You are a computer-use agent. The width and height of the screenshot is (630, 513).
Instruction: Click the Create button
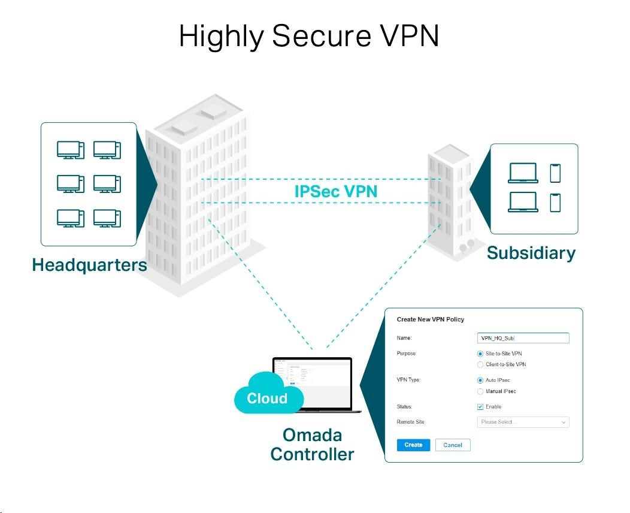pos(413,445)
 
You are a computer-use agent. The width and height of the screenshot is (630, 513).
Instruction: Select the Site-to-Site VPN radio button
pos(480,354)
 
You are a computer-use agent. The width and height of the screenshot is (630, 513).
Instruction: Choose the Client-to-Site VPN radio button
pos(480,364)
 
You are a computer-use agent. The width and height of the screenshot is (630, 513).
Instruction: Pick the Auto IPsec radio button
pos(480,380)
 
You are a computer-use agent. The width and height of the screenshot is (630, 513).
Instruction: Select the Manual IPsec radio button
pos(480,391)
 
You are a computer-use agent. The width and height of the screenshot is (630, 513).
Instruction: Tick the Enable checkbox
pos(480,407)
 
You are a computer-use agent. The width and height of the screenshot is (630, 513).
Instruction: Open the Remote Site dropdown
pos(523,422)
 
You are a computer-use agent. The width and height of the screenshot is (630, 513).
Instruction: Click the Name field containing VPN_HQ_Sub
pos(523,338)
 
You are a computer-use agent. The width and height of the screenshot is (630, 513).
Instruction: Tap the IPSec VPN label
pos(336,192)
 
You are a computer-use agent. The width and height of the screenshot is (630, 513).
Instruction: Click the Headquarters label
pos(89,265)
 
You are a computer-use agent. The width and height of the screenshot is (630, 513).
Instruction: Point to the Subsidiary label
pos(531,253)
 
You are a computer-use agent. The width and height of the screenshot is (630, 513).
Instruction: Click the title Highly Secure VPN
pos(309,37)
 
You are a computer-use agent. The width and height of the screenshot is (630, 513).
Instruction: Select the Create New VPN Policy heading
pos(431,319)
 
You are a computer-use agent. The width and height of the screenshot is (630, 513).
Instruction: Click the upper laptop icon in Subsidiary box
pos(523,174)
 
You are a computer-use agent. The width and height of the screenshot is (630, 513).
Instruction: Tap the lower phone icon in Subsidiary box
pos(556,203)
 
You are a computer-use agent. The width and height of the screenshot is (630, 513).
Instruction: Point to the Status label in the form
pos(405,407)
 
